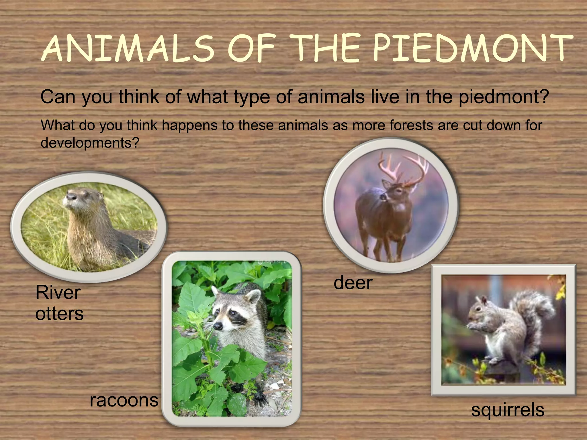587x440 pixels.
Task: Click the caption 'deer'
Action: click(353, 283)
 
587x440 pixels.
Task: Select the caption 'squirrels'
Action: click(508, 410)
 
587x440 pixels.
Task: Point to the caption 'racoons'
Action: click(124, 400)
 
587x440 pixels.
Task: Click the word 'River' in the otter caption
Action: click(58, 292)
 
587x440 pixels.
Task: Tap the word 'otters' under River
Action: click(59, 313)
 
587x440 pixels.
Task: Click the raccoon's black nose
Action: click(218, 326)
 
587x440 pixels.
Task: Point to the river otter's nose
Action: click(71, 196)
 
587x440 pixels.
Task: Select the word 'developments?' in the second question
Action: click(90, 143)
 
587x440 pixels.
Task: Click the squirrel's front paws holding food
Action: click(473, 327)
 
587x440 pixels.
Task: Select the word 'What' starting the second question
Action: click(57, 125)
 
